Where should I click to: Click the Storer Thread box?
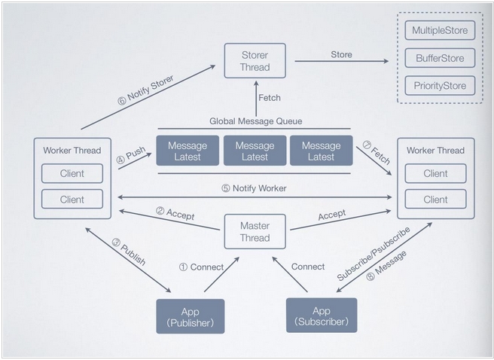pos(255,61)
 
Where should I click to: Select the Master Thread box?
pos(255,231)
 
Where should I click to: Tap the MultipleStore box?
pos(440,30)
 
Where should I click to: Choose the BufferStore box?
pos(440,58)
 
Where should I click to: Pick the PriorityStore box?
pos(440,86)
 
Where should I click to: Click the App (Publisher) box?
pos(191,316)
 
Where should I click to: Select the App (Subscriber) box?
pos(322,316)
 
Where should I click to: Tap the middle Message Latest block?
pos(255,151)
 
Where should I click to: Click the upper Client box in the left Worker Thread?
pos(72,173)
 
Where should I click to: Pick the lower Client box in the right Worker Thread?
pos(435,199)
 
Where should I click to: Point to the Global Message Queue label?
pos(256,121)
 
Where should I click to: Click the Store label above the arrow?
pos(342,54)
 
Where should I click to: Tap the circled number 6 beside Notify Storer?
pos(122,101)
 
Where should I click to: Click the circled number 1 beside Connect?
pos(183,267)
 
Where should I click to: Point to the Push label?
pos(136,153)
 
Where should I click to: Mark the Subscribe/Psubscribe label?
pos(374,253)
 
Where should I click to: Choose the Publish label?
pos(133,255)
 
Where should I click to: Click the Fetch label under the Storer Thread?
pos(270,98)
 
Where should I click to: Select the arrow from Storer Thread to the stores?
pos(342,61)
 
